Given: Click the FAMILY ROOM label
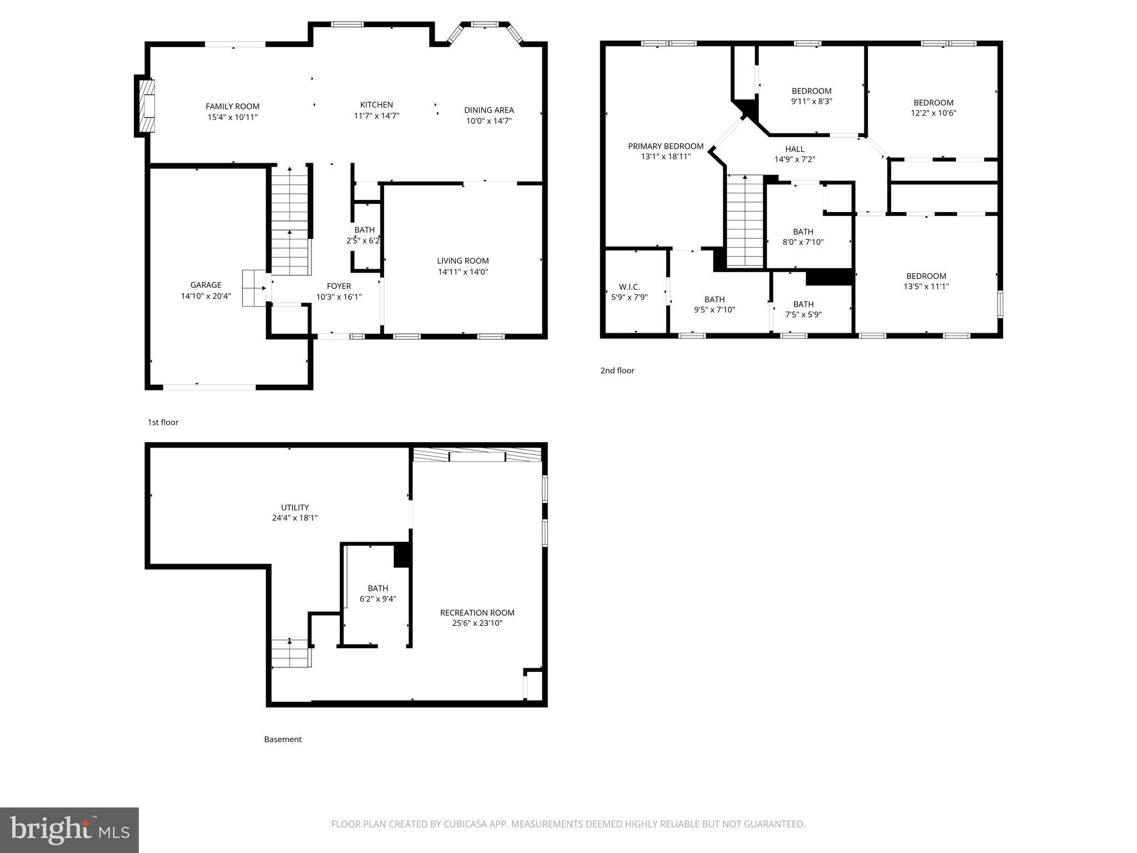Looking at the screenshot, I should click(x=232, y=106).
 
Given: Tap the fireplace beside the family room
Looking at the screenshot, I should click(x=146, y=106).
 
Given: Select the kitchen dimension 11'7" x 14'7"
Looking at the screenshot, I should click(x=376, y=116).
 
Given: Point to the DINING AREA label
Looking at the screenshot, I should click(x=489, y=110).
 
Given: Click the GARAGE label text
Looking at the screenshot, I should click(x=205, y=285).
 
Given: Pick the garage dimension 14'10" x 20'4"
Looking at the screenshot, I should click(x=205, y=296).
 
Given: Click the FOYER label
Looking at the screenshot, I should click(x=339, y=286).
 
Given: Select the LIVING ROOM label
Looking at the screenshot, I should click(x=462, y=260).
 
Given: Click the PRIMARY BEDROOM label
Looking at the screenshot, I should click(x=666, y=146).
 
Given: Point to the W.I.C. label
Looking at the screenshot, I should click(x=629, y=287).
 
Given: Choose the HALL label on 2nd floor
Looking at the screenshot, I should click(x=794, y=149).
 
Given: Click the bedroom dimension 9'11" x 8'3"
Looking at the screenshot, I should click(x=811, y=101).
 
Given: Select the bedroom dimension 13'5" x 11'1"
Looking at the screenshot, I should click(x=926, y=287).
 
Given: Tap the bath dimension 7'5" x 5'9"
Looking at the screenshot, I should click(x=803, y=314).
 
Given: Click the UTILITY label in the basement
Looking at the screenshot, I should click(x=295, y=507).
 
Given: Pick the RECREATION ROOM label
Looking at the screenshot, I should click(x=477, y=613).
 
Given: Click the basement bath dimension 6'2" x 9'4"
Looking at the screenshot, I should click(x=378, y=599).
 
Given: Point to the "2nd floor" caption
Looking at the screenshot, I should click(x=617, y=370).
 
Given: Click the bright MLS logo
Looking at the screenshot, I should click(x=69, y=830).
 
